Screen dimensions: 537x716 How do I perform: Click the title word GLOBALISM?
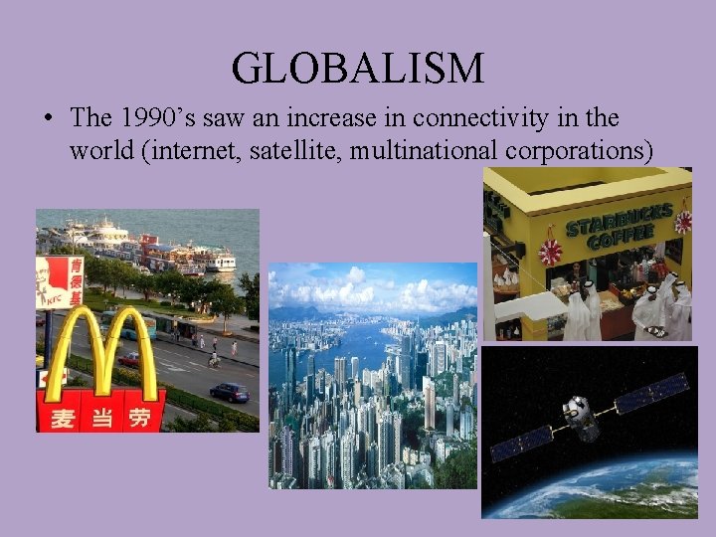click(358, 68)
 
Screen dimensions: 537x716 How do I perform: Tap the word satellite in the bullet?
click(329, 151)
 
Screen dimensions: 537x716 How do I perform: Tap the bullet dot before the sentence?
click(48, 118)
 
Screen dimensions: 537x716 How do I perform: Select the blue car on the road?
click(229, 393)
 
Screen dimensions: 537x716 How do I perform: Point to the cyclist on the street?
click(212, 359)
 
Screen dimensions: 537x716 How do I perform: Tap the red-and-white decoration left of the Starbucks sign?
click(550, 252)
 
